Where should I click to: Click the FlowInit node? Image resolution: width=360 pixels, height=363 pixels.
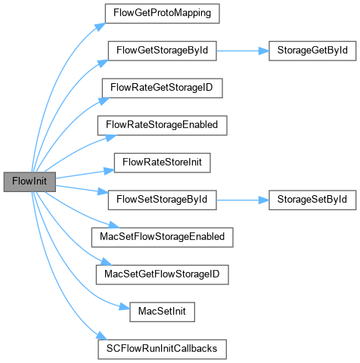pos(29,181)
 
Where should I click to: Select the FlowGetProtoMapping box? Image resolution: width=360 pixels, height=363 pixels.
pos(162,14)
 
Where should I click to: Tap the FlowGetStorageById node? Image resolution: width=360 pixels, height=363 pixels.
pos(162,51)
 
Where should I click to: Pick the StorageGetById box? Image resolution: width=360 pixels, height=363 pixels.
pos(312,51)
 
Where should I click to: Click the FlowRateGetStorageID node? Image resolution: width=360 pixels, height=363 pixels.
pos(162,88)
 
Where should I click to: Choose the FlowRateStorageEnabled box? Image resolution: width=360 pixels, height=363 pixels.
pos(162,126)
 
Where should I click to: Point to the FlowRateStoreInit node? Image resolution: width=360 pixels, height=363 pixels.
pos(162,163)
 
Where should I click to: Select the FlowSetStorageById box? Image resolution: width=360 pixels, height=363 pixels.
pos(162,200)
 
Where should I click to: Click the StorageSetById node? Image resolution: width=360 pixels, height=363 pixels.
pos(312,200)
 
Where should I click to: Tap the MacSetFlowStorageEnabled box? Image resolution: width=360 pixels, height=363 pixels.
pos(162,237)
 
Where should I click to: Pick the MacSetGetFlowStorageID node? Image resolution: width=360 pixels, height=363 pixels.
pos(162,275)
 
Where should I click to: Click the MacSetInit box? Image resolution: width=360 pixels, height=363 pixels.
pos(162,312)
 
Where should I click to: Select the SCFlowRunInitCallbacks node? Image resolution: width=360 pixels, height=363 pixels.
pos(162,349)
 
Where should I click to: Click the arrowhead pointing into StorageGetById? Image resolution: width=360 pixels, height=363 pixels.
pos(264,51)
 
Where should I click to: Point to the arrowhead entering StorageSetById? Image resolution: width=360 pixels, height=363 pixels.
pos(264,200)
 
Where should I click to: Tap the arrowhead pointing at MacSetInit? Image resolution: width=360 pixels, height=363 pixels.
pos(125,307)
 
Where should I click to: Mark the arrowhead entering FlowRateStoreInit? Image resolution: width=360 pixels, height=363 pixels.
pos(109,171)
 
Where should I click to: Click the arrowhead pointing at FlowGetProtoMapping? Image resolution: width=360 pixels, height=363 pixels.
pos(101,26)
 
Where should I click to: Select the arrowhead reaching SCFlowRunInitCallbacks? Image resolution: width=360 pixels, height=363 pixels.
pos(102,336)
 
